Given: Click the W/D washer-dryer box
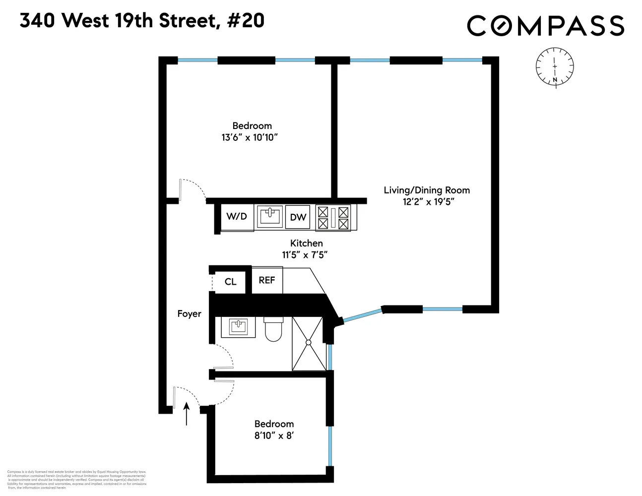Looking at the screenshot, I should click(x=237, y=217).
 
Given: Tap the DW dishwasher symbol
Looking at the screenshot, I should click(x=298, y=217).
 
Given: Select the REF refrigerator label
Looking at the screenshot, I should click(x=267, y=280).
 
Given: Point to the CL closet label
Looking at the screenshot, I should click(x=230, y=282).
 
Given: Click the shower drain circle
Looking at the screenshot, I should click(x=308, y=342).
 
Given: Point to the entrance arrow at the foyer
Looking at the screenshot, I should click(x=187, y=414).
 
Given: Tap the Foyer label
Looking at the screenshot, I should click(x=189, y=313).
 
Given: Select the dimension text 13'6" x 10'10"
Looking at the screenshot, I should click(x=250, y=137).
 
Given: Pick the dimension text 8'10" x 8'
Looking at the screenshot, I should click(x=274, y=435).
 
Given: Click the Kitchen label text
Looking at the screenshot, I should click(x=306, y=243).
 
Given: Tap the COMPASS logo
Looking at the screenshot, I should click(x=545, y=26).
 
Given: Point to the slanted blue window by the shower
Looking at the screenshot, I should click(x=362, y=315).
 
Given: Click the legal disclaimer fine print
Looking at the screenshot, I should click(x=76, y=480).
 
